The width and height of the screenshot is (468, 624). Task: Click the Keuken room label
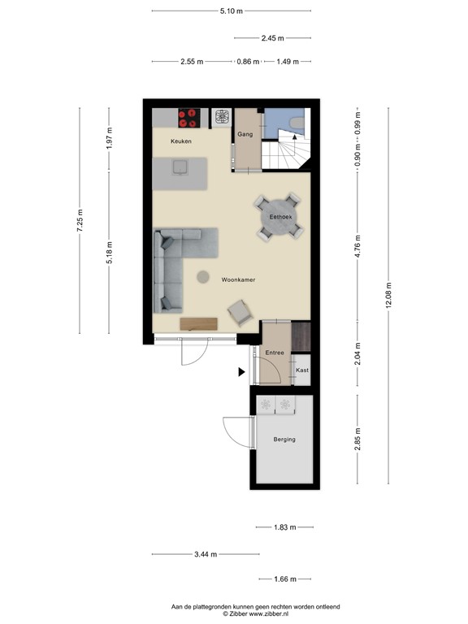[x=180, y=142]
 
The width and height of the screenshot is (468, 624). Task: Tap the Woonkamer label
[x=238, y=279]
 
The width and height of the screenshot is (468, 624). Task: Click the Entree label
[x=275, y=353]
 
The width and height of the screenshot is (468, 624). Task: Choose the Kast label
[x=301, y=370]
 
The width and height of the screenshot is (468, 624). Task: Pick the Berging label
[x=284, y=440]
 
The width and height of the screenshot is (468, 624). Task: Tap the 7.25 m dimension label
[x=80, y=221]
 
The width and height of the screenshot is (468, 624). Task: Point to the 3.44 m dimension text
[x=206, y=554]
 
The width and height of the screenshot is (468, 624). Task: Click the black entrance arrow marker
[x=241, y=372]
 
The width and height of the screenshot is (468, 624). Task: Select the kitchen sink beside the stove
[x=222, y=118]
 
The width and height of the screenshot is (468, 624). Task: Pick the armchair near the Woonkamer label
[x=240, y=312]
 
